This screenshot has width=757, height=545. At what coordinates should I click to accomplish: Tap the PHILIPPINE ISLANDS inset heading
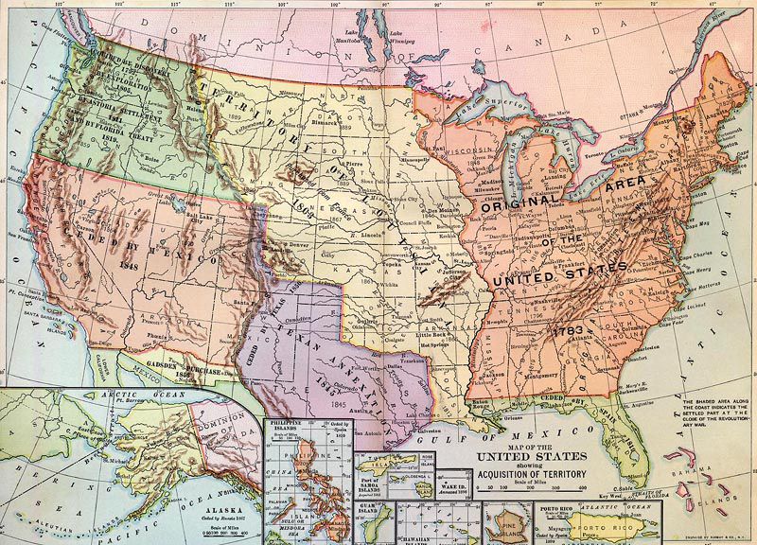286,423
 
